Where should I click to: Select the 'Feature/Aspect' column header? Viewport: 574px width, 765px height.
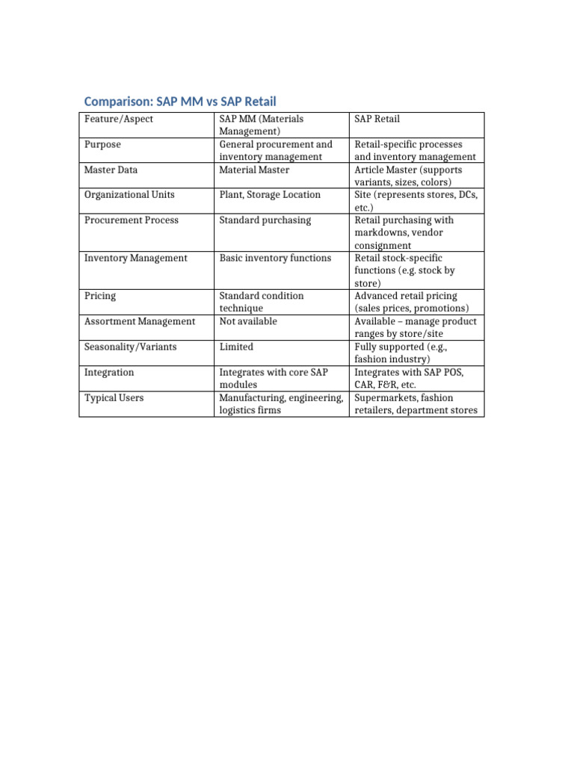pyautogui.click(x=119, y=119)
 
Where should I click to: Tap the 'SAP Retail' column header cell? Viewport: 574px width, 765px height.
pyautogui.click(x=377, y=119)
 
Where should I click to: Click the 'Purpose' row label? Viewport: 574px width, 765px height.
pyautogui.click(x=102, y=144)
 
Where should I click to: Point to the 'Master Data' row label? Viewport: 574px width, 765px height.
pyautogui.click(x=111, y=170)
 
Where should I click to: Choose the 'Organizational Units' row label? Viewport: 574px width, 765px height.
pyautogui.click(x=129, y=195)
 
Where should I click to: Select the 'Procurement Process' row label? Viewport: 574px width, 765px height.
pyautogui.click(x=128, y=220)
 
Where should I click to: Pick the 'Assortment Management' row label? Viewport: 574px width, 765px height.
pyautogui.click(x=140, y=321)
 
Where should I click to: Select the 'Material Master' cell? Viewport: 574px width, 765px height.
pyautogui.click(x=254, y=170)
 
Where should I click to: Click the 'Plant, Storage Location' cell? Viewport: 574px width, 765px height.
pyautogui.click(x=270, y=195)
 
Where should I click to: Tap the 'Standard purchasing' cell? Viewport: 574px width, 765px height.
pyautogui.click(x=265, y=220)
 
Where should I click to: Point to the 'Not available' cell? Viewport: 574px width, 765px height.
pyautogui.click(x=248, y=321)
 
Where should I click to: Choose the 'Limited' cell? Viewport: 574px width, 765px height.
pyautogui.click(x=236, y=347)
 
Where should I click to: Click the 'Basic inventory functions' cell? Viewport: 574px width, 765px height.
pyautogui.click(x=275, y=258)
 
